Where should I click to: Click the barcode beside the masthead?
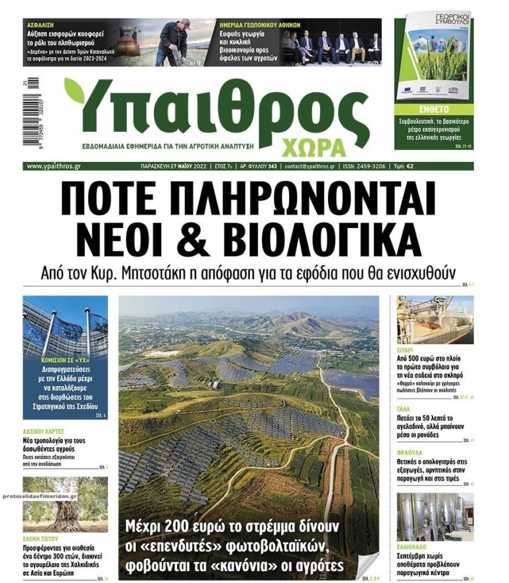(x=30, y=117)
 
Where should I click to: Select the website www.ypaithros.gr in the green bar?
(x=54, y=166)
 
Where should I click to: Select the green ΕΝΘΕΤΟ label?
(x=433, y=108)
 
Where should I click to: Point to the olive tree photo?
(x=65, y=504)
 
